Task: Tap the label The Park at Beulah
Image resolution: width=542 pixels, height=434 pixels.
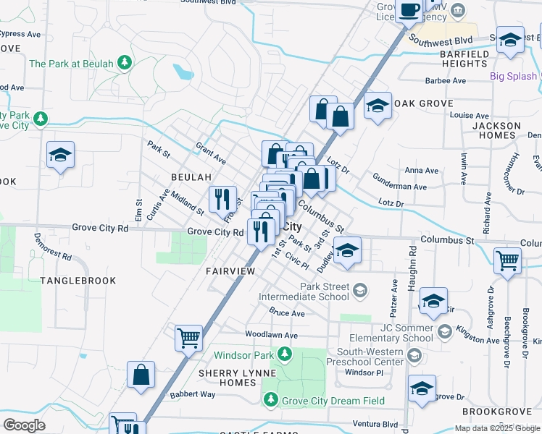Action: point(71,64)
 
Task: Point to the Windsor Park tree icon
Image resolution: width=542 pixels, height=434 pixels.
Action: point(285,354)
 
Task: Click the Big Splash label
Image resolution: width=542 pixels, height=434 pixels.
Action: point(513,76)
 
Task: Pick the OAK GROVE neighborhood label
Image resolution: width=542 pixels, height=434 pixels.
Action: point(424,104)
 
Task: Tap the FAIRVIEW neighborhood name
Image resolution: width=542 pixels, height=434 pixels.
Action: point(230,271)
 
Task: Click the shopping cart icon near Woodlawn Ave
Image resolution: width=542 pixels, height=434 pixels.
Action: point(188,337)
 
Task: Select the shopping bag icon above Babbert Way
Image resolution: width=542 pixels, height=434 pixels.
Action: point(141,375)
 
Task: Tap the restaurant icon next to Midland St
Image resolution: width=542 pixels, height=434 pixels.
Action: point(222,198)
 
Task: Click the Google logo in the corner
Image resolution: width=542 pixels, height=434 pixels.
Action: point(24,425)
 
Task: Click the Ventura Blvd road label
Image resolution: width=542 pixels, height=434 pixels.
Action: point(376,424)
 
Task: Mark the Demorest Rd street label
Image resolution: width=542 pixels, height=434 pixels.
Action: point(51,252)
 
